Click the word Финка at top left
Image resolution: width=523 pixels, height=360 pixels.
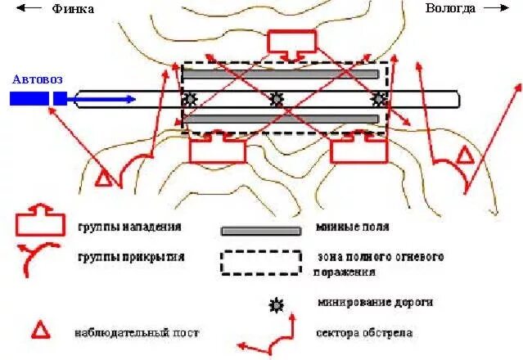point(72,9)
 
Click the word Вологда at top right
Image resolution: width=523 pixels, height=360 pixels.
point(450,8)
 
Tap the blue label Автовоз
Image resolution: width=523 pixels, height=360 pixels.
point(37,79)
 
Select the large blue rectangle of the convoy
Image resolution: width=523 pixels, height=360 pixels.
point(29,99)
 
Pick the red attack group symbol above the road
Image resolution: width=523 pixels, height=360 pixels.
point(291,43)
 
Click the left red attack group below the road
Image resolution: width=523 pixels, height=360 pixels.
point(217,147)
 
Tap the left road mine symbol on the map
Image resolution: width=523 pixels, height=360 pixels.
point(190,100)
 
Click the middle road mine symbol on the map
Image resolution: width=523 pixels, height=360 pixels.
point(277,100)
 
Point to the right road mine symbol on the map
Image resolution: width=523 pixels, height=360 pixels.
point(378,100)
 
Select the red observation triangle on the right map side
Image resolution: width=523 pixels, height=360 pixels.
point(465,155)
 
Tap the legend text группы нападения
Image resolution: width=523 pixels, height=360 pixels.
point(129,227)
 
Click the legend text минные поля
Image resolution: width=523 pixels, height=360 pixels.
point(352,227)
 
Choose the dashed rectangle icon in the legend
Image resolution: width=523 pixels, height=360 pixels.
point(260,262)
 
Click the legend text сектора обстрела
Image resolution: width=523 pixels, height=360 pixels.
point(364,333)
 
